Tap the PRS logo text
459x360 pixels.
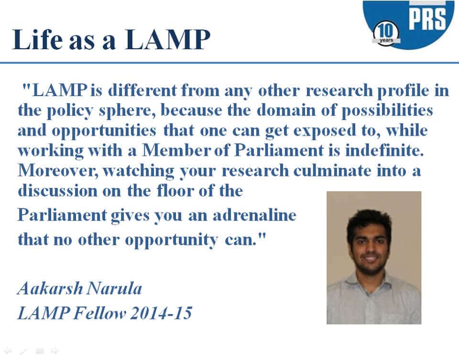(426, 20)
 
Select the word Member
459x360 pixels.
(178, 150)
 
